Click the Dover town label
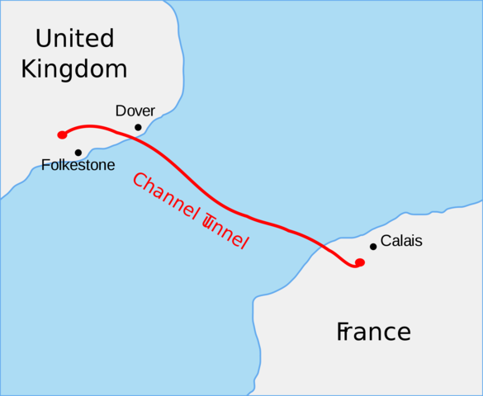coord(135,111)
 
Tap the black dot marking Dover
coord(138,127)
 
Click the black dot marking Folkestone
coord(78,153)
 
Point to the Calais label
coord(401,241)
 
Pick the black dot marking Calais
coord(373,246)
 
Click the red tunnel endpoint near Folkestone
coord(62,134)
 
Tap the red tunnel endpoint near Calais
coord(359,262)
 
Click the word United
coord(74,39)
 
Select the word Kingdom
coord(74,68)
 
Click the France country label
coord(373,332)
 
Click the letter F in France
coord(343,332)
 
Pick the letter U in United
coord(43,39)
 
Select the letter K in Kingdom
coord(30,68)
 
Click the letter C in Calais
coord(386,241)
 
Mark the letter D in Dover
coord(121,111)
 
